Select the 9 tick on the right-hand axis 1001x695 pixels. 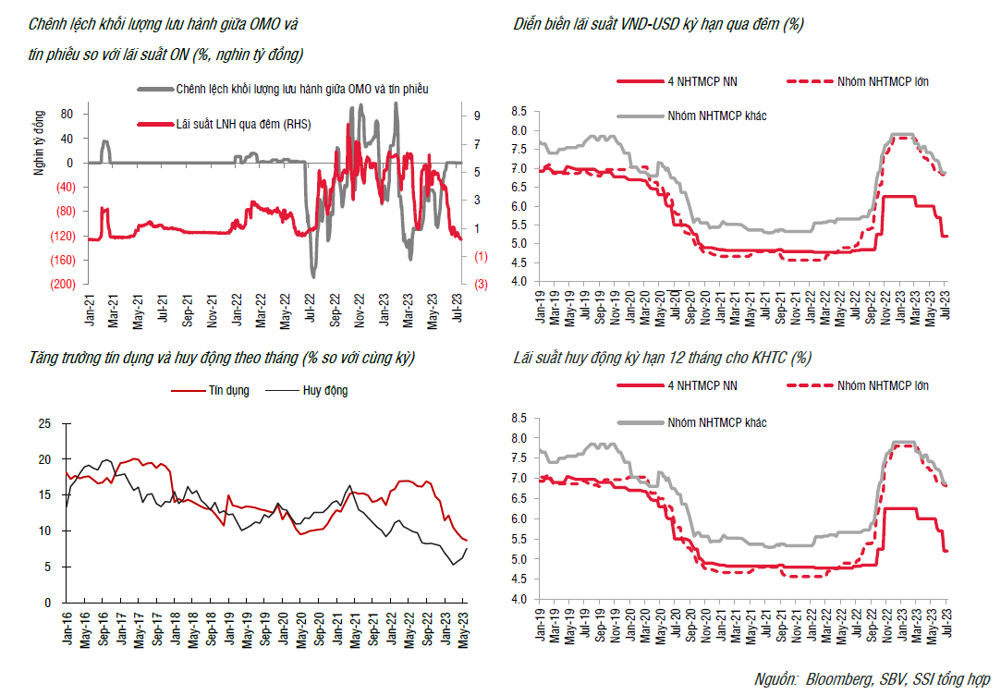click(x=475, y=116)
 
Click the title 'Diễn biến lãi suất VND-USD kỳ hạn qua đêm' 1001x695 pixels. click(x=658, y=25)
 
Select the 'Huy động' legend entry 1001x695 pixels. click(x=324, y=391)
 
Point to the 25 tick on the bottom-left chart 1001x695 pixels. click(x=45, y=424)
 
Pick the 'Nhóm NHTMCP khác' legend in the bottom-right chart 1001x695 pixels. click(x=716, y=422)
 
